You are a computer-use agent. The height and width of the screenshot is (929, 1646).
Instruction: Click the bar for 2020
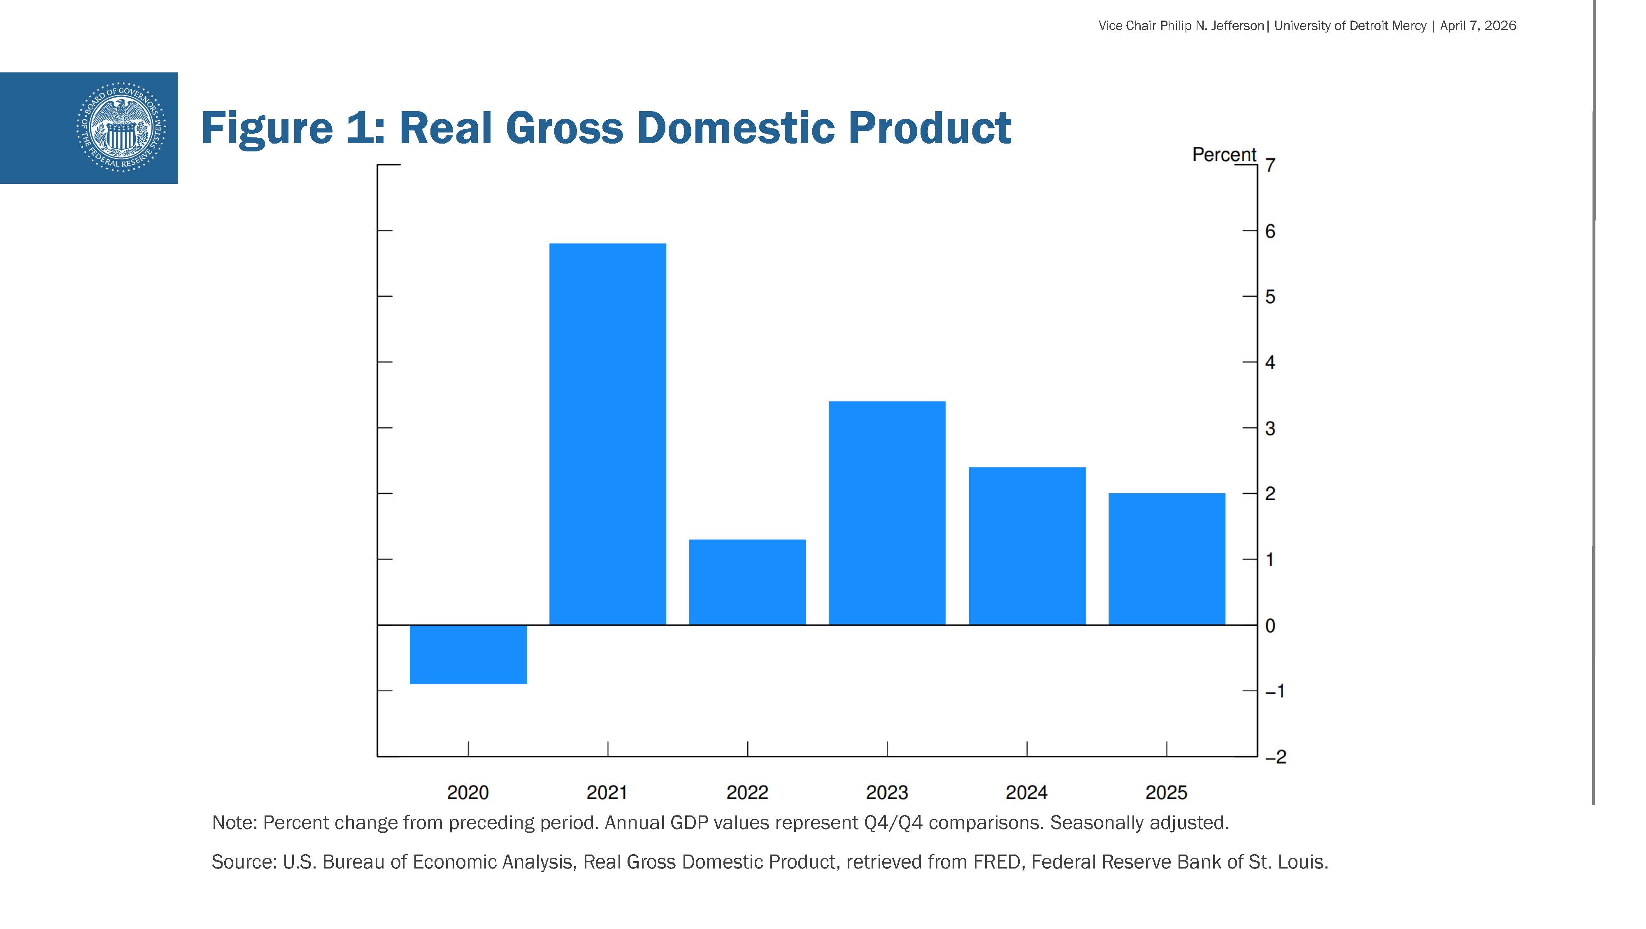coord(468,654)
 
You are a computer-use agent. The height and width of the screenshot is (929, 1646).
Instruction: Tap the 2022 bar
coord(747,582)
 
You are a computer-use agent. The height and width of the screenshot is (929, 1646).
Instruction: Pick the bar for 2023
coord(887,513)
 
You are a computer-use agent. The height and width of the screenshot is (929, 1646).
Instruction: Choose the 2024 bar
coord(1027,546)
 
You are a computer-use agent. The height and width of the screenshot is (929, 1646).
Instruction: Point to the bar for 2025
coord(1167,559)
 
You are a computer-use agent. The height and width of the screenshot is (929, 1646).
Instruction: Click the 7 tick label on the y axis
coord(1270,165)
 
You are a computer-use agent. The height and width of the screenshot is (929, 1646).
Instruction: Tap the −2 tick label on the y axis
coord(1275,757)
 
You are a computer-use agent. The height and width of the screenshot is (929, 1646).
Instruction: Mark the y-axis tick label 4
coord(1270,363)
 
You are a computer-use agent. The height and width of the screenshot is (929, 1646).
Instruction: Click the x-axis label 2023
coord(887,793)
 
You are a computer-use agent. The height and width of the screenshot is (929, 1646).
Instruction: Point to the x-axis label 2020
coord(468,793)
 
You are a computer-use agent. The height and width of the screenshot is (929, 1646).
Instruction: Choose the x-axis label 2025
coord(1167,793)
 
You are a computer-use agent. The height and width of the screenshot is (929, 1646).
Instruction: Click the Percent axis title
coord(1224,155)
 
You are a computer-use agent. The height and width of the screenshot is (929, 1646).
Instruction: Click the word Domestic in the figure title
coord(735,128)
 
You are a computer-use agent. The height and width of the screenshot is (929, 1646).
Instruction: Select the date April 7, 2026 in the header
coord(1478,26)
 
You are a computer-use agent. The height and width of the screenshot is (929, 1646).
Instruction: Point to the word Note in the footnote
coord(233,823)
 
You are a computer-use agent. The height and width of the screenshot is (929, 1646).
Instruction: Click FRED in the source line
coord(996,862)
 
